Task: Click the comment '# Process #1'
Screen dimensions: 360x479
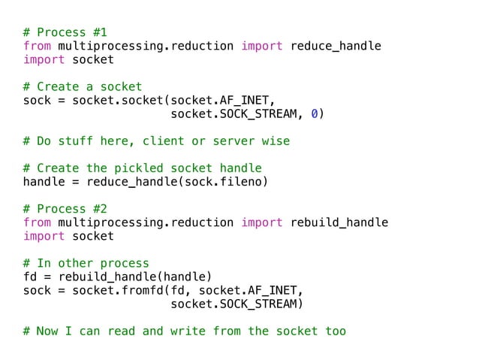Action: click(x=65, y=32)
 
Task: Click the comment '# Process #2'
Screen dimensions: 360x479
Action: click(x=65, y=209)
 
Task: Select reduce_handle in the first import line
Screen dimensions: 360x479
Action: click(x=336, y=46)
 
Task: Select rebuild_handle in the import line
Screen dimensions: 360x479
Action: click(x=339, y=222)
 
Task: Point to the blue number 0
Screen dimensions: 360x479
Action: click(x=315, y=113)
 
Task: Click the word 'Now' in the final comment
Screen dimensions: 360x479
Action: click(x=47, y=331)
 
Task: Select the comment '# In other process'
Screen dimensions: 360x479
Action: click(x=86, y=263)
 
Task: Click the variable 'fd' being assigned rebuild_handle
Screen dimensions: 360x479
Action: click(x=30, y=277)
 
